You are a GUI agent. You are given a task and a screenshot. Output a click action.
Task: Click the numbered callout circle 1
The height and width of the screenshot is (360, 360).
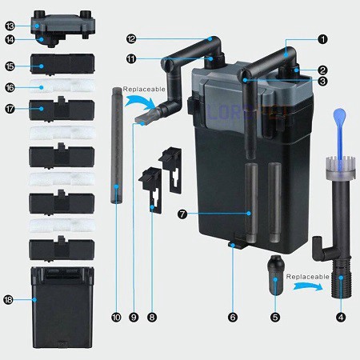coord(322,38)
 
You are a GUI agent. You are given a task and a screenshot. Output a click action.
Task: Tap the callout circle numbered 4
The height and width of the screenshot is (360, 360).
coord(341,317)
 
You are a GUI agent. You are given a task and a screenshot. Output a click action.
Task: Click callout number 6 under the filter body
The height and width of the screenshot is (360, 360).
coord(233,317)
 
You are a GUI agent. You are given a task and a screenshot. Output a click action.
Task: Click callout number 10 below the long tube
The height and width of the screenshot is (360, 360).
coord(117,317)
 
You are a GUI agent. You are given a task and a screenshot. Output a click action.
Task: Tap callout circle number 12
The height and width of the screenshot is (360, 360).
coord(132,38)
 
